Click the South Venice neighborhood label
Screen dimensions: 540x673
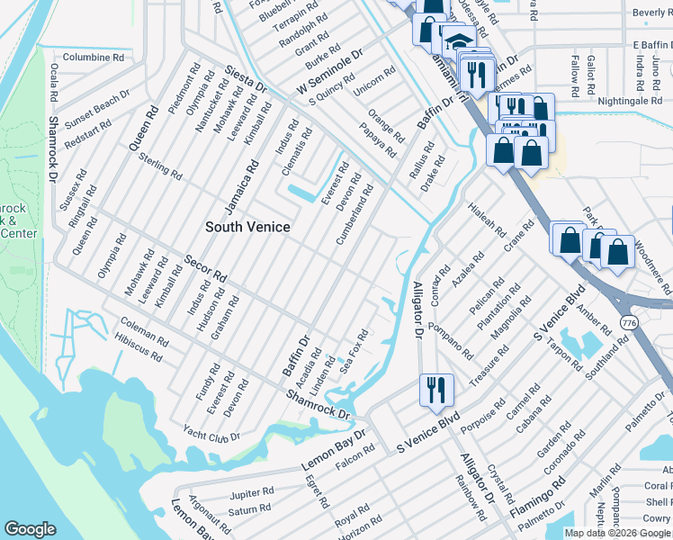point(247,227)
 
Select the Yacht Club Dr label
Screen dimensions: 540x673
point(211,432)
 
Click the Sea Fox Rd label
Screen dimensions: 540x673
point(354,353)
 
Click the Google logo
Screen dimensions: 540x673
point(31,529)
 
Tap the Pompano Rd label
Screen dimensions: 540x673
point(451,339)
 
